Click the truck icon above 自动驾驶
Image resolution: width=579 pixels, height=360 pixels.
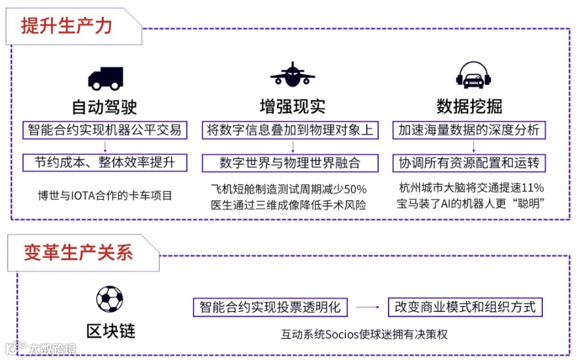pos(105,78)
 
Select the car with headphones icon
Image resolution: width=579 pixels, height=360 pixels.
pos(475,76)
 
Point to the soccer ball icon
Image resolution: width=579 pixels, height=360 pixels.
pos(110,299)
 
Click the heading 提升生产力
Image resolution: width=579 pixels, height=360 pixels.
pos(66,26)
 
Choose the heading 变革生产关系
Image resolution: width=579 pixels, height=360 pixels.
pos(79,252)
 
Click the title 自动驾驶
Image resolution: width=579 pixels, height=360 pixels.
pos(105,106)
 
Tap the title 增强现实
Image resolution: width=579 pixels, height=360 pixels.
pos(292,106)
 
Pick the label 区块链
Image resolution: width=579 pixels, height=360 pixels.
pos(110,330)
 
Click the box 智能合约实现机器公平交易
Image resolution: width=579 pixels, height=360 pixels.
pos(105,129)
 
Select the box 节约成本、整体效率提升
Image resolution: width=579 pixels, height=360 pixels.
pos(105,162)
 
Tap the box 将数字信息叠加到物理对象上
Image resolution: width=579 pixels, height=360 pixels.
pos(290,129)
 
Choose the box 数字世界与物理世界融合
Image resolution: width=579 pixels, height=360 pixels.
pos(290,162)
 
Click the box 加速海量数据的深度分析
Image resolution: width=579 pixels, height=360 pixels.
pos(469,129)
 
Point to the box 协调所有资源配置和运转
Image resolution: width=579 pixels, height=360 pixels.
pos(469,162)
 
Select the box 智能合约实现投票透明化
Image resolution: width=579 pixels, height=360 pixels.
pos(270,307)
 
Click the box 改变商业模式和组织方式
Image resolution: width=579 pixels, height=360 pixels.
pos(465,307)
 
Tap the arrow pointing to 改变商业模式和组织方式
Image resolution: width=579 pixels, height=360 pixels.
pos(371,307)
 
